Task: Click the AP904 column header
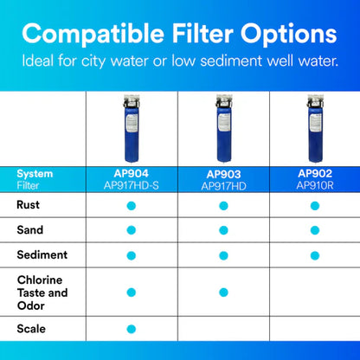pyautogui.click(x=132, y=173)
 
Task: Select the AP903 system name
pyautogui.click(x=222, y=173)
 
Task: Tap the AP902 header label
pyautogui.click(x=313, y=173)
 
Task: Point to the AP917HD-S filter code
pyautogui.click(x=132, y=185)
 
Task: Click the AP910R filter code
pyautogui.click(x=313, y=185)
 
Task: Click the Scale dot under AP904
pyautogui.click(x=132, y=329)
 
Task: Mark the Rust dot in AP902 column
pyautogui.click(x=313, y=205)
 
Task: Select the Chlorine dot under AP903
pyautogui.click(x=222, y=292)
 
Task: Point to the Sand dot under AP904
pyautogui.click(x=132, y=229)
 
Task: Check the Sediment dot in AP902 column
pyautogui.click(x=313, y=254)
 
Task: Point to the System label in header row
pyautogui.click(x=35, y=173)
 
